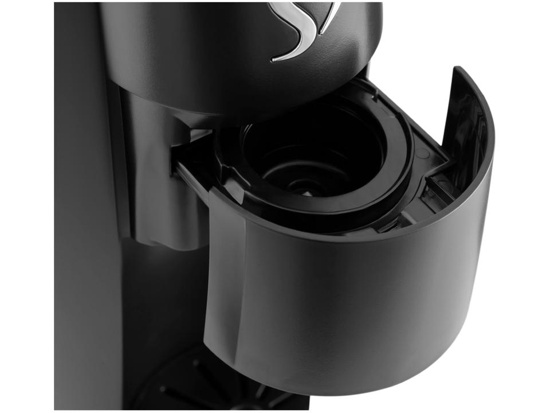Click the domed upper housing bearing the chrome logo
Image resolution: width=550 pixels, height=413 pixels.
point(229,52)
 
